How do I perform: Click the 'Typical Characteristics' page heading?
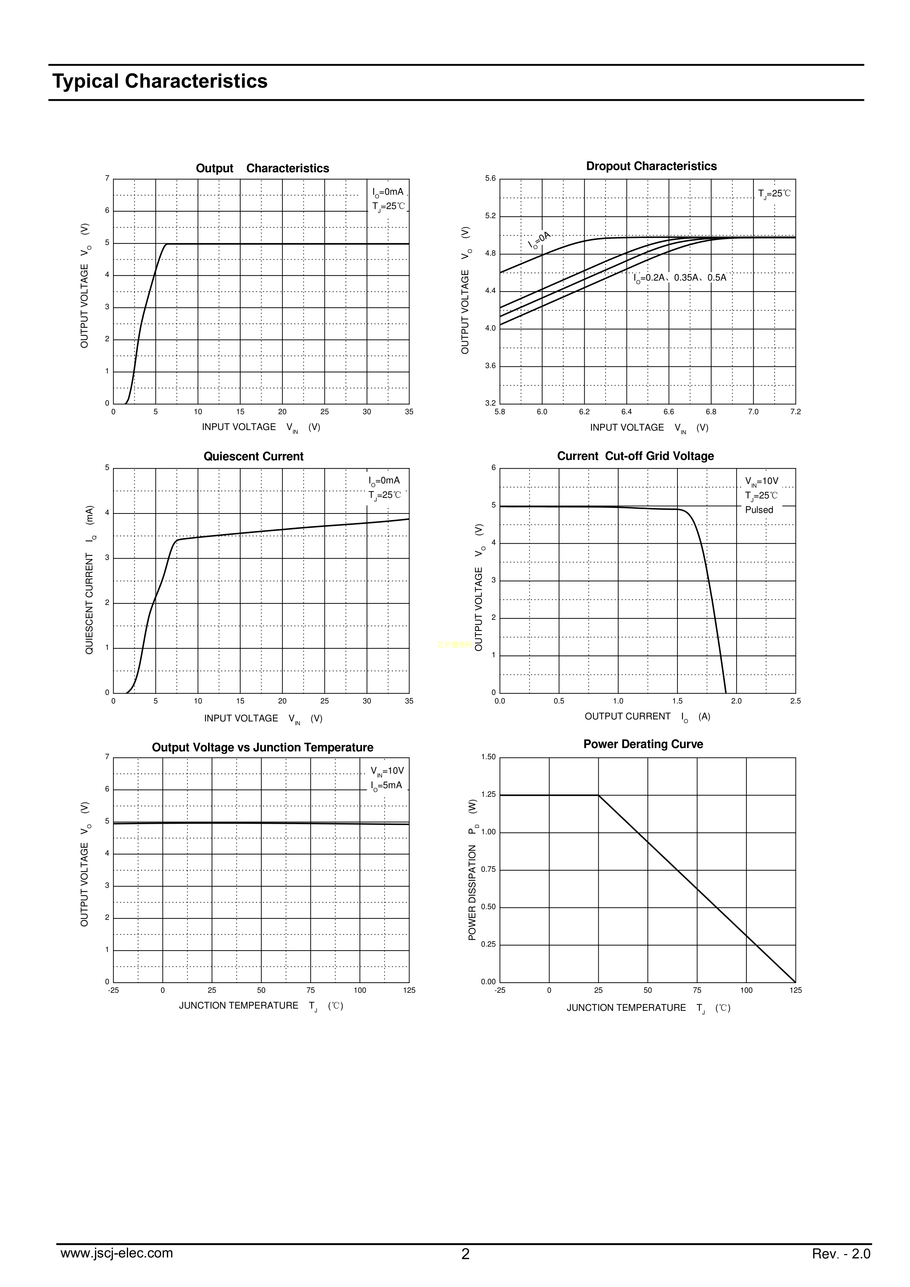[x=160, y=81]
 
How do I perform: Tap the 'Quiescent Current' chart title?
[x=253, y=456]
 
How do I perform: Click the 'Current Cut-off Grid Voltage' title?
[x=635, y=456]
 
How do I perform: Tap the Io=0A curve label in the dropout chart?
[x=540, y=240]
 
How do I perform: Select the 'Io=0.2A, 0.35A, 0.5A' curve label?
[x=680, y=278]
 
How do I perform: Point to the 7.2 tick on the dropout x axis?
[x=795, y=412]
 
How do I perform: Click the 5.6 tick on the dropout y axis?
[x=491, y=179]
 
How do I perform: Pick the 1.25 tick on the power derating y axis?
[x=488, y=794]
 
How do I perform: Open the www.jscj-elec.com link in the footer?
[x=117, y=1253]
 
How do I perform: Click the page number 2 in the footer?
[x=465, y=1254]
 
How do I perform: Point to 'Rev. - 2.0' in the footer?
[x=841, y=1254]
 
